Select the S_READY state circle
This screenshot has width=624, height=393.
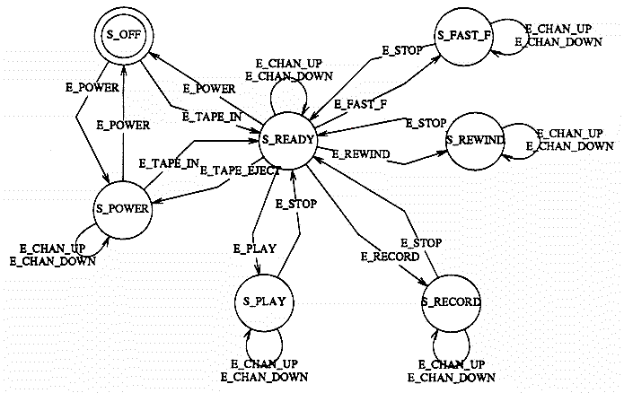[286, 140]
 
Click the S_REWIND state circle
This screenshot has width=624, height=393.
[475, 140]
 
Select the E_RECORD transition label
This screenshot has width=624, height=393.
[389, 257]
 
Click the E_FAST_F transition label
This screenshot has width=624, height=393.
[360, 105]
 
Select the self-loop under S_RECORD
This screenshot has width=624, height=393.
[451, 343]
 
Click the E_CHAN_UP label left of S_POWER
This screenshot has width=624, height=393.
[52, 247]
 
